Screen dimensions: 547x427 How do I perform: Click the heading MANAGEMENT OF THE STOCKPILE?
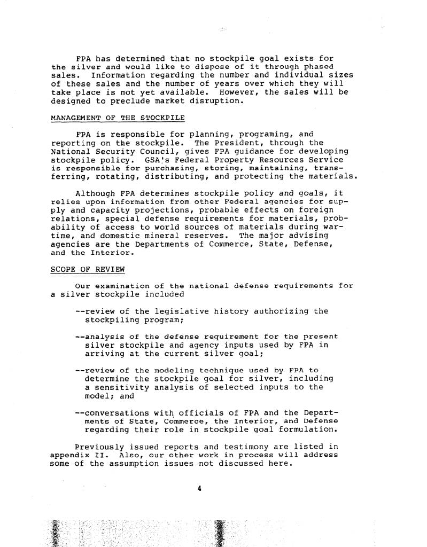tap(118, 117)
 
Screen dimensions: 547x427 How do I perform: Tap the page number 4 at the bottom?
tap(199, 488)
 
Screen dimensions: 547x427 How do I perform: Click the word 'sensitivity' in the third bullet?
tap(122, 387)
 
